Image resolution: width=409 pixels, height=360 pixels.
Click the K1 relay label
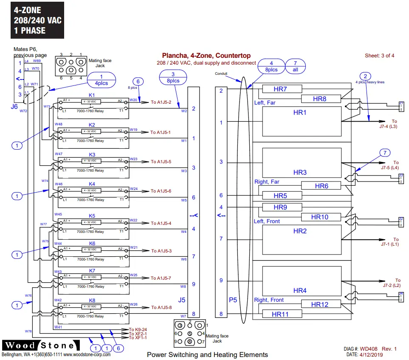[x=92, y=95]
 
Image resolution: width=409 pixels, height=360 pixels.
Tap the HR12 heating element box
[x=321, y=304]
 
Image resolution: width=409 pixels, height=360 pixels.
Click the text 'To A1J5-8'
[x=161, y=308]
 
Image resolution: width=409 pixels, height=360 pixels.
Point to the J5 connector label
[x=182, y=300]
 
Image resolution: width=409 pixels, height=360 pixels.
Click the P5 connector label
[x=232, y=300]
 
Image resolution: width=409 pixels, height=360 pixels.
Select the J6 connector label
[x=14, y=107]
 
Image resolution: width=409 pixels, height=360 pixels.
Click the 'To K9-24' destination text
[x=138, y=329]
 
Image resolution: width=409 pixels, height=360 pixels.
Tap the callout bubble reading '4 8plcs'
[x=271, y=66]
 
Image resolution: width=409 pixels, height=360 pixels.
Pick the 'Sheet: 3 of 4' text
[x=379, y=56]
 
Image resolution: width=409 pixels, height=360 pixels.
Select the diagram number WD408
[x=372, y=349]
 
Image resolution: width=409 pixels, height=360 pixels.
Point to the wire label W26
[x=134, y=304]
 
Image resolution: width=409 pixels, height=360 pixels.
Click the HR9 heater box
[x=280, y=207]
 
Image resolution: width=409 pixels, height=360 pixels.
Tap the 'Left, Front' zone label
[x=267, y=221]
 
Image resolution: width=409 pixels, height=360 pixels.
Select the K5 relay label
[x=92, y=216]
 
